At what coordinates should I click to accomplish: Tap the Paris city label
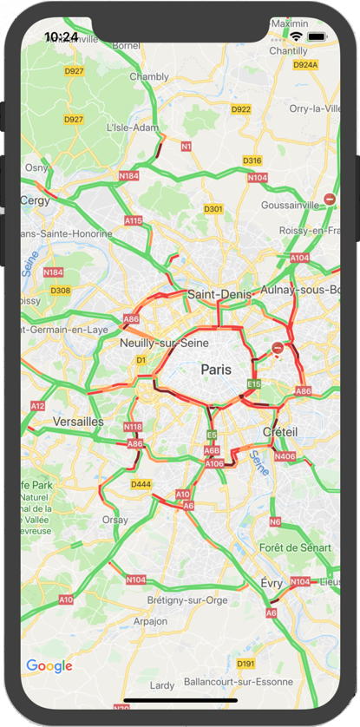pyautogui.click(x=217, y=369)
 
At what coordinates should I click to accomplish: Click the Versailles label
pyautogui.click(x=78, y=422)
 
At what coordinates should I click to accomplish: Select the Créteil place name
pyautogui.click(x=279, y=432)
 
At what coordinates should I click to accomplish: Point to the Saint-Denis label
pyautogui.click(x=219, y=294)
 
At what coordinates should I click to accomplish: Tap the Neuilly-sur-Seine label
pyautogui.click(x=164, y=344)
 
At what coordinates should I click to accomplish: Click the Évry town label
pyautogui.click(x=272, y=584)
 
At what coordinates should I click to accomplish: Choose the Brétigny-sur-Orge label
pyautogui.click(x=187, y=600)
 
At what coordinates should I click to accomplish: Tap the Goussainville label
pyautogui.click(x=291, y=206)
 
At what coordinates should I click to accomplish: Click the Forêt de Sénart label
pyautogui.click(x=294, y=547)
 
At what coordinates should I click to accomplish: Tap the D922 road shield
pyautogui.click(x=241, y=109)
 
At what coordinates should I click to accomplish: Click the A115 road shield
pyautogui.click(x=133, y=221)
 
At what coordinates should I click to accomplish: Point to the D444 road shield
pyautogui.click(x=141, y=484)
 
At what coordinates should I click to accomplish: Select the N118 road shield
pyautogui.click(x=133, y=427)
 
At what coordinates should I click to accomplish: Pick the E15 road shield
pyautogui.click(x=254, y=383)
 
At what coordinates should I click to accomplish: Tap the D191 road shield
pyautogui.click(x=246, y=664)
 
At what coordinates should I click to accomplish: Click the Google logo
pyautogui.click(x=49, y=666)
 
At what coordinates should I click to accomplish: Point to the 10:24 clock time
pyautogui.click(x=61, y=36)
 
